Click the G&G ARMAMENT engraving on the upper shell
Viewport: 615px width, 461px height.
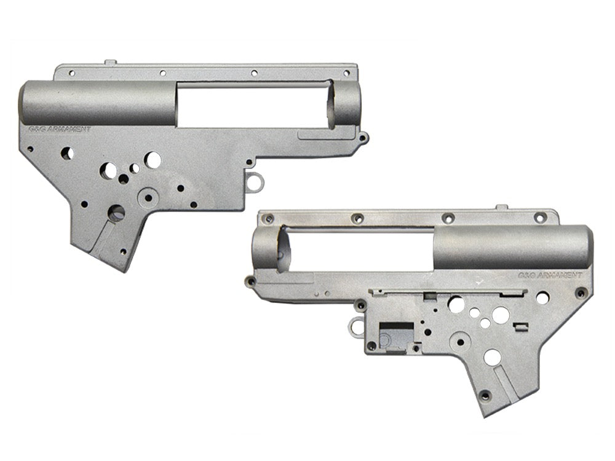click(x=60, y=129)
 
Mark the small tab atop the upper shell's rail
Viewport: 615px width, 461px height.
click(x=110, y=62)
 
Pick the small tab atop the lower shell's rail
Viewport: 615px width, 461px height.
click(x=501, y=208)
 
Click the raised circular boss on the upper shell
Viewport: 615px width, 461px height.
click(x=148, y=197)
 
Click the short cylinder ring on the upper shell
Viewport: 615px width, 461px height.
click(x=346, y=104)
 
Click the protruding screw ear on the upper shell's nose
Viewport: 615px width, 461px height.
click(x=363, y=138)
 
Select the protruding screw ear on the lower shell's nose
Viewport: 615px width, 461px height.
click(x=250, y=282)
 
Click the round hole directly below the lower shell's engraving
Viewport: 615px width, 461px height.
click(x=542, y=298)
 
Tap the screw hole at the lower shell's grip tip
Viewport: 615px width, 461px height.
click(x=485, y=394)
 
